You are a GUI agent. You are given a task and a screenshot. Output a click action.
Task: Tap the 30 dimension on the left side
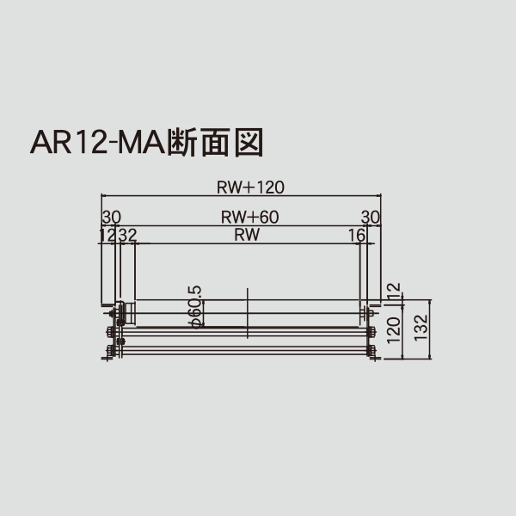point(111,217)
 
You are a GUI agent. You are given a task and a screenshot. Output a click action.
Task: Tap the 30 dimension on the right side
point(370,217)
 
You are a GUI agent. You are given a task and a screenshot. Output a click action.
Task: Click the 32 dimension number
point(128,234)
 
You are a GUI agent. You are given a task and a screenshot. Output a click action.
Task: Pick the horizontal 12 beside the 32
point(107,234)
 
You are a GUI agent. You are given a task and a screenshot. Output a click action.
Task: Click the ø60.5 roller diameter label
point(195,306)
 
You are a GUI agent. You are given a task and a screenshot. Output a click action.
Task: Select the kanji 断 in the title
point(185,141)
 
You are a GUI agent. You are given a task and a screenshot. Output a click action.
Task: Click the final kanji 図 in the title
point(248,141)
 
